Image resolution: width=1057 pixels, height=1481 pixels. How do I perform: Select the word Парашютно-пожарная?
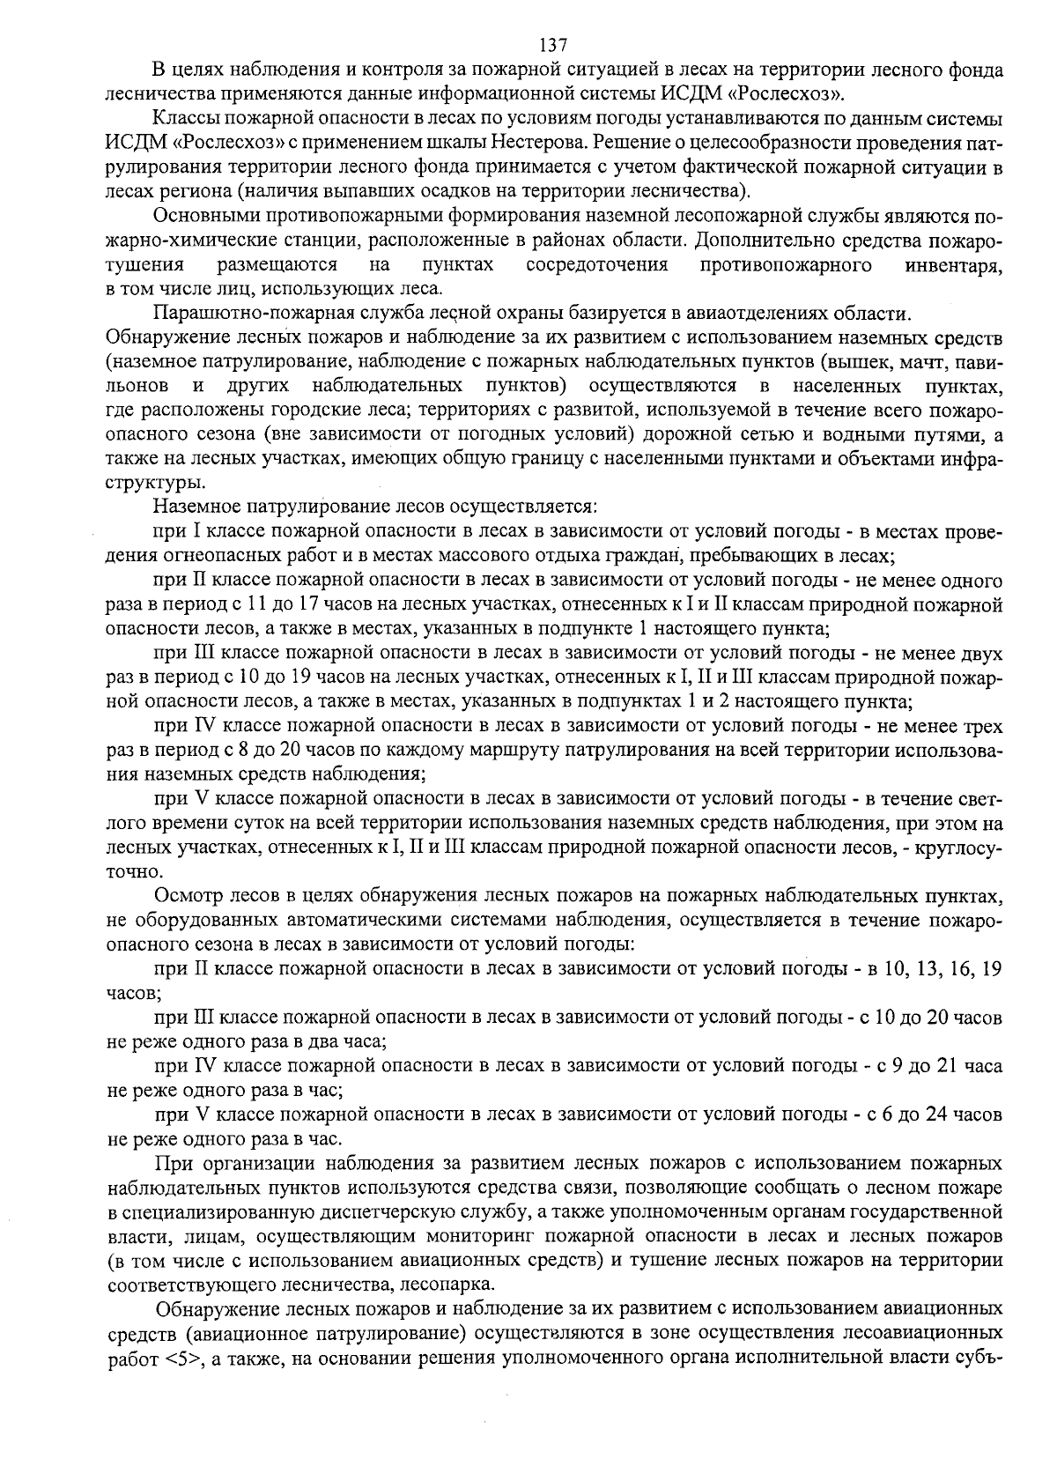tap(228, 314)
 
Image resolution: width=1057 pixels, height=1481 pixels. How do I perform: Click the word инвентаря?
tap(954, 265)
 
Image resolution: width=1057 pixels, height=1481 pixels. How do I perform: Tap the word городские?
tap(313, 411)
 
